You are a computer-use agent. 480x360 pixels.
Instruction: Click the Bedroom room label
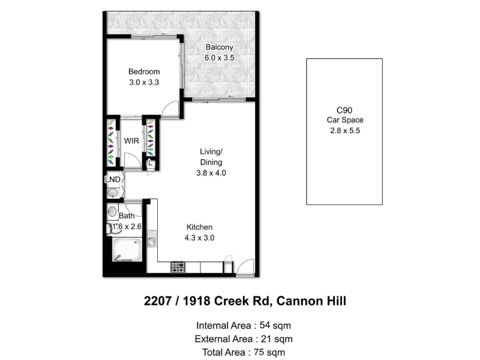coord(144,71)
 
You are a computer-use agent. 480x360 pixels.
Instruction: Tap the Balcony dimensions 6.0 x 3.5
coord(220,58)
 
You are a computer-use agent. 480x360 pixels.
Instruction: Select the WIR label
coord(131,141)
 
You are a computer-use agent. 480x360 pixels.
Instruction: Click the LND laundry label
coord(113,179)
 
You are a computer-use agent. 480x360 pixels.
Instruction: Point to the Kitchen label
coord(199,227)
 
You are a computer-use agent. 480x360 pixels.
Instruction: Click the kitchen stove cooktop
coord(178,267)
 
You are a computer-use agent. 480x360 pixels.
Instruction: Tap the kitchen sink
coord(152,238)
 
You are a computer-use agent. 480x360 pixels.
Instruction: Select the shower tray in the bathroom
coord(127,250)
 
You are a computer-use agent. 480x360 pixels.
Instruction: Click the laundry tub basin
coord(113,193)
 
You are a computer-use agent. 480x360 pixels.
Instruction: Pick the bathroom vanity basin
coord(112,211)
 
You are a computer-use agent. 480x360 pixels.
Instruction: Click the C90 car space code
coord(344,110)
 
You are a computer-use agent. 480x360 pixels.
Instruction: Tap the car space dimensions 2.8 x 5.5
coord(345,131)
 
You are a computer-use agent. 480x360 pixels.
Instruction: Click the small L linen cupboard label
coord(151,163)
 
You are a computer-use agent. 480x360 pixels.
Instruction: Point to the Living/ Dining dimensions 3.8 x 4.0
coord(211,173)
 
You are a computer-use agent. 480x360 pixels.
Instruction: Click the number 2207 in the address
coord(158,301)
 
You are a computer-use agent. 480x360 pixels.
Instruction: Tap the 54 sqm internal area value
coord(275,325)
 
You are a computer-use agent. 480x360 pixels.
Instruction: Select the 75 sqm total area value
coord(269,352)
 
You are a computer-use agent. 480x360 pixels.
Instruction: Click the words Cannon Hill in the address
coord(311,301)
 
